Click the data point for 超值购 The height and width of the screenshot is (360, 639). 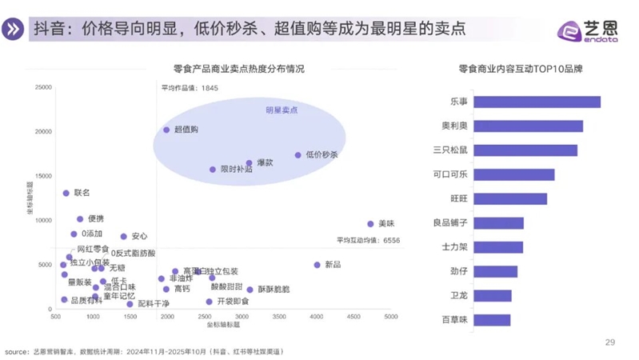tap(166, 130)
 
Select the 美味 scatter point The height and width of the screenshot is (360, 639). tap(370, 224)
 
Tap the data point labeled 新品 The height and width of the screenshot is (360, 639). tap(317, 265)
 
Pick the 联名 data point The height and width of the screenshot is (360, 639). tap(66, 193)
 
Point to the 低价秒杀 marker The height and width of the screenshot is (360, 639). tap(298, 155)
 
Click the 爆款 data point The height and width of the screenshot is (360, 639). tap(249, 163)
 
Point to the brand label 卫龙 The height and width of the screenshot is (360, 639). tap(466, 296)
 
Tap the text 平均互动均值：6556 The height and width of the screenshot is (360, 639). tap(368, 240)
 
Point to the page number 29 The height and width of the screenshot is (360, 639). tap(609, 342)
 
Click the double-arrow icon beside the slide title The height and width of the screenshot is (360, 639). tap(14, 28)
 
